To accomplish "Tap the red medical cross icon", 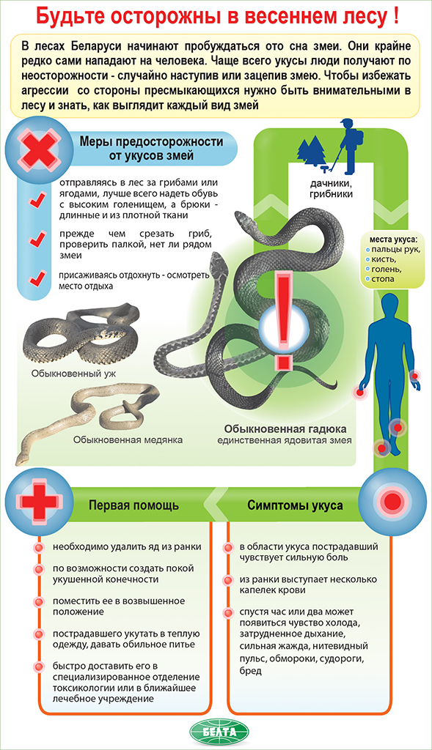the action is (40, 501).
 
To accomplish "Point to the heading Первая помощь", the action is (134, 505).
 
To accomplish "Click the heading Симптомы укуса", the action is (295, 505).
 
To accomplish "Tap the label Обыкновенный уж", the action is (74, 373).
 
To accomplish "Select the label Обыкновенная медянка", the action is (128, 439).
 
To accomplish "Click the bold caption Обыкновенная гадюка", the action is (285, 428).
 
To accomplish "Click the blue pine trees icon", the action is (311, 151).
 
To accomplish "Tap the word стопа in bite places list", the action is (383, 278).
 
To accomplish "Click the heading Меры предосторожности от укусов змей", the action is (151, 149).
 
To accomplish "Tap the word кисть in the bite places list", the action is (384, 259).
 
